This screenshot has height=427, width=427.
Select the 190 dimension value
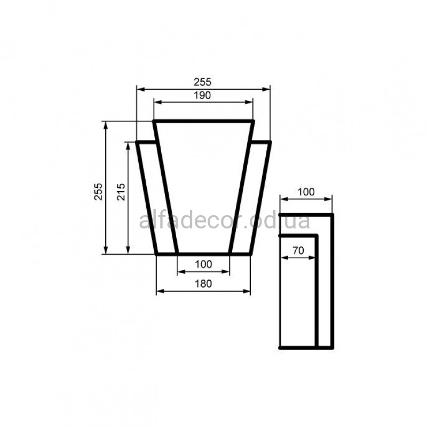pyautogui.click(x=202, y=96)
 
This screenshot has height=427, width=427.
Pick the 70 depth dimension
pyautogui.click(x=298, y=250)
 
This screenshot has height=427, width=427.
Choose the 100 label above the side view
pyautogui.click(x=306, y=192)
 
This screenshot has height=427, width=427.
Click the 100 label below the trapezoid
pyautogui.click(x=203, y=264)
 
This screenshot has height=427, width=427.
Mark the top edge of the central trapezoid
pyautogui.click(x=203, y=121)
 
